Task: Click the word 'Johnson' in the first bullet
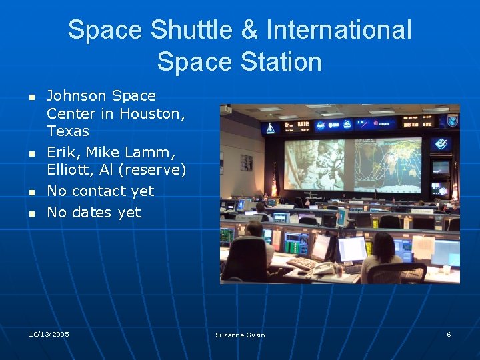coord(73,96)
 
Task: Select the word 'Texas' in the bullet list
coord(67,131)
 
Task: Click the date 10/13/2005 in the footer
coord(49,333)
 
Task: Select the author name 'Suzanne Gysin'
coord(240,335)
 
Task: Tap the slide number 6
coord(449,334)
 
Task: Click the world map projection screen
coord(387,164)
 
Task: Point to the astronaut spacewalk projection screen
coord(315,164)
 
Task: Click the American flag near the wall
coord(273,179)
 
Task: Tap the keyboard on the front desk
coord(302,263)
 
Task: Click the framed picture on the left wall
coord(246,163)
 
